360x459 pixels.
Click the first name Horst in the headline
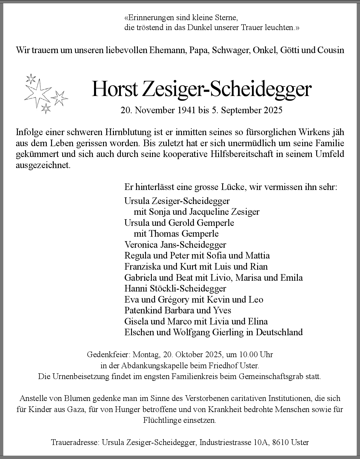point(114,89)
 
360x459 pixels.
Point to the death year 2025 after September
point(273,110)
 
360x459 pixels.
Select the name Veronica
point(141,245)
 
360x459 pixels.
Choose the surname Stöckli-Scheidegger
point(188,288)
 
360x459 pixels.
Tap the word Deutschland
point(279,332)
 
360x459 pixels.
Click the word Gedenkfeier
point(108,355)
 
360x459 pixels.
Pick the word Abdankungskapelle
point(155,365)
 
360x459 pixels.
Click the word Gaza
point(76,409)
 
